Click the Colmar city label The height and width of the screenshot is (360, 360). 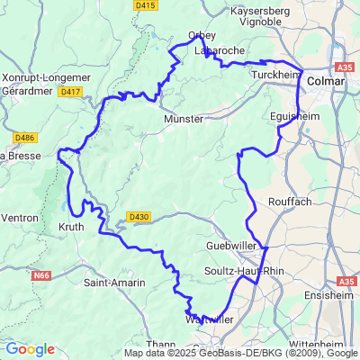click(x=325, y=81)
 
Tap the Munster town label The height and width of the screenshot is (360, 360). click(x=182, y=118)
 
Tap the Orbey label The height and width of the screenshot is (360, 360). click(x=201, y=35)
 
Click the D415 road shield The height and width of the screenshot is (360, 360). click(x=145, y=5)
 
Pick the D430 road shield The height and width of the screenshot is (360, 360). click(x=138, y=217)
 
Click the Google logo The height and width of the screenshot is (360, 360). click(x=30, y=349)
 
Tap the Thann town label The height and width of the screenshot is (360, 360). click(x=135, y=344)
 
